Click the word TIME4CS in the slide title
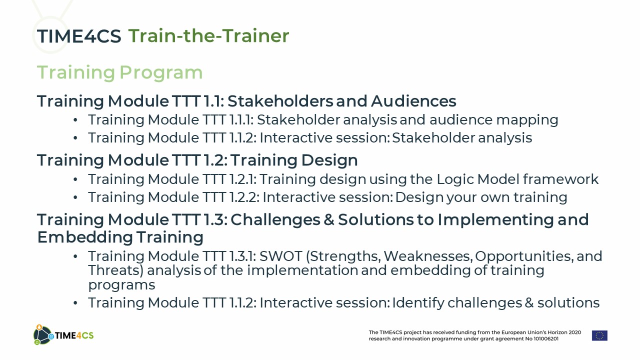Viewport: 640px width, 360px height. click(79, 36)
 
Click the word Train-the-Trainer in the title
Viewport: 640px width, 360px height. click(209, 35)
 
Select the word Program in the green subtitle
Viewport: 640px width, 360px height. click(161, 73)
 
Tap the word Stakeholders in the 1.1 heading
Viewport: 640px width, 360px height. click(280, 101)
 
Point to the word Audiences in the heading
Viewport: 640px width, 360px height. click(413, 101)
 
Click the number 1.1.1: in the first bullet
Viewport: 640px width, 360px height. click(241, 119)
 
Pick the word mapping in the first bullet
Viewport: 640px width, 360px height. click(527, 120)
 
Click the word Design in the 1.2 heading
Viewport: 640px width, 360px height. click(329, 160)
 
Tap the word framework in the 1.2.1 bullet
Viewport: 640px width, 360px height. click(560, 179)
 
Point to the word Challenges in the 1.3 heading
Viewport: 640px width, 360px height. click(275, 219)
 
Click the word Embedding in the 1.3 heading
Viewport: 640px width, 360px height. click(85, 237)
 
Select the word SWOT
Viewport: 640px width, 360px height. click(281, 256)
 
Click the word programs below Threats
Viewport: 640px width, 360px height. click(121, 285)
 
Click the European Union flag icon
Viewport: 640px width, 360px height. click(599, 335)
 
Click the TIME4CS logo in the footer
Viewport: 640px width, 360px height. click(63, 335)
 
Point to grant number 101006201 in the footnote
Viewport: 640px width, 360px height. click(546, 339)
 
